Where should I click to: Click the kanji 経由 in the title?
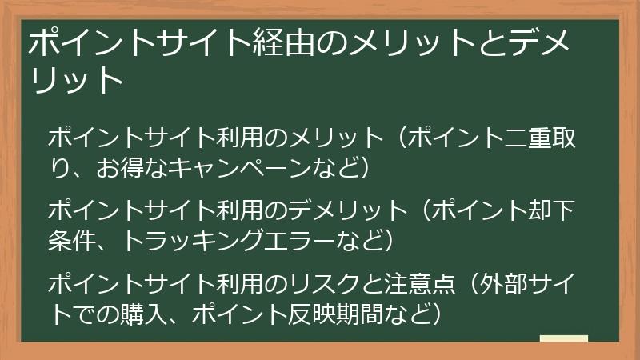pyautogui.click(x=274, y=42)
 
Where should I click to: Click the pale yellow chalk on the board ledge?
pyautogui.click(x=564, y=340)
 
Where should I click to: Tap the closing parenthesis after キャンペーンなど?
pyautogui.click(x=365, y=168)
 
